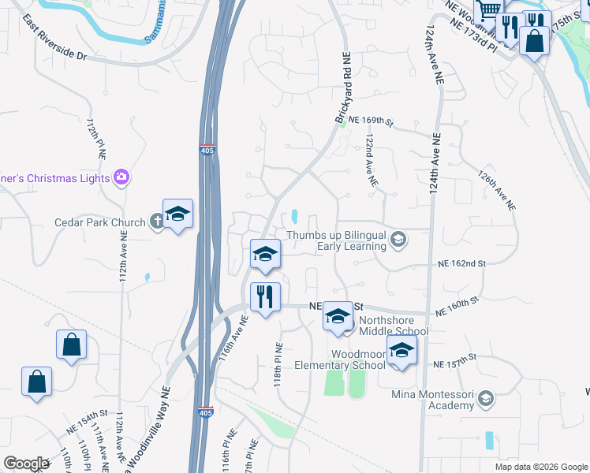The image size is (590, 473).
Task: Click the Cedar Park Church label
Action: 99,222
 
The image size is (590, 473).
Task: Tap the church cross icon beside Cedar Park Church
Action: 156,222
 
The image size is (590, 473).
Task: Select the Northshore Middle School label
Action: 394,326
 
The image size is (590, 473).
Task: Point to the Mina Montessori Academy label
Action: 429,400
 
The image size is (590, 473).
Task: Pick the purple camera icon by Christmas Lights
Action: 121,177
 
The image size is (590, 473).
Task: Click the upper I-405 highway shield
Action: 206,150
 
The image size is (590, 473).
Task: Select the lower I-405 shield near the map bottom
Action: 204,412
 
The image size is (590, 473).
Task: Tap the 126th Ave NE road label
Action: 495,192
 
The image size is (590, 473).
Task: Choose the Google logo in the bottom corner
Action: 25,464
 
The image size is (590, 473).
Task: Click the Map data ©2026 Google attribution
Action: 541,467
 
